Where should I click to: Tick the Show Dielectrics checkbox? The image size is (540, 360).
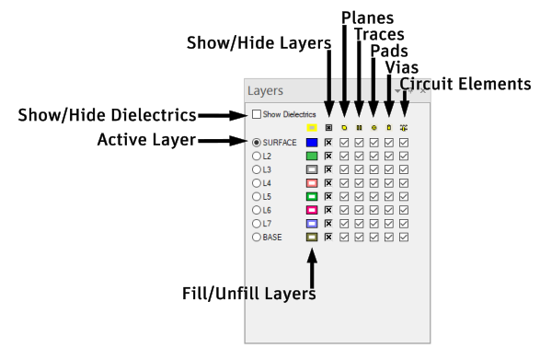coord(257,114)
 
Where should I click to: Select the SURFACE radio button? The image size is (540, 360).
coord(257,143)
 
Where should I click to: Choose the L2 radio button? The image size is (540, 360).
coord(257,157)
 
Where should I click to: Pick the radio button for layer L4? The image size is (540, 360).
coord(257,183)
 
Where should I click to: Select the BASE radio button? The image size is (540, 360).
coord(257,237)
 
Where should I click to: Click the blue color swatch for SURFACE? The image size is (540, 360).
coord(312,143)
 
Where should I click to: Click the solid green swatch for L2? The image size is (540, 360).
coord(312,157)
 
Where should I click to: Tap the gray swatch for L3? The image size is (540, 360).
coord(312,169)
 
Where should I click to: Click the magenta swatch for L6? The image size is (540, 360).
coord(312,210)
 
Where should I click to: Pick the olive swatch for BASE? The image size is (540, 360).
coord(312,237)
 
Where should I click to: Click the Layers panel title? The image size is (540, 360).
coord(266,91)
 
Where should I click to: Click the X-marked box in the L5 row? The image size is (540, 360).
coord(328,196)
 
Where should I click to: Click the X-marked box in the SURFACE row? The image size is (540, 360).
coord(328,143)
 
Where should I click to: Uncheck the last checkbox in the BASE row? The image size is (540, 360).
coord(404,237)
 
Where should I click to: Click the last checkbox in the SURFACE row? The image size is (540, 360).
coord(404,143)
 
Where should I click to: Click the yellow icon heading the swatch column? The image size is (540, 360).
coord(312,127)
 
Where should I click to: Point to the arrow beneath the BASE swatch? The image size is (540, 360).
coord(312,268)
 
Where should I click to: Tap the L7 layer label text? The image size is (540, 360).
coord(268,224)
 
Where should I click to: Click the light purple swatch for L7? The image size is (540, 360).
coord(312,224)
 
